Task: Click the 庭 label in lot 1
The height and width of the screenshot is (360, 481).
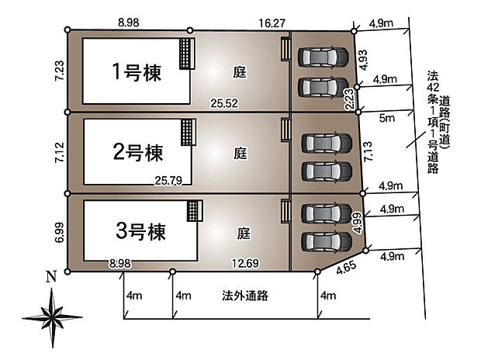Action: (x=240, y=72)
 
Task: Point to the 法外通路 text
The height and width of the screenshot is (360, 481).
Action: (x=244, y=295)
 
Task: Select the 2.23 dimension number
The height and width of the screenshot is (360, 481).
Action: (x=350, y=98)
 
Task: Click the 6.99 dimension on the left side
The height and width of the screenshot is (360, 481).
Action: (x=57, y=232)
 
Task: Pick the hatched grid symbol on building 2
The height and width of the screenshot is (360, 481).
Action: (x=186, y=130)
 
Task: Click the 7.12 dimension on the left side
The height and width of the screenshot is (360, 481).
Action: (x=57, y=151)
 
